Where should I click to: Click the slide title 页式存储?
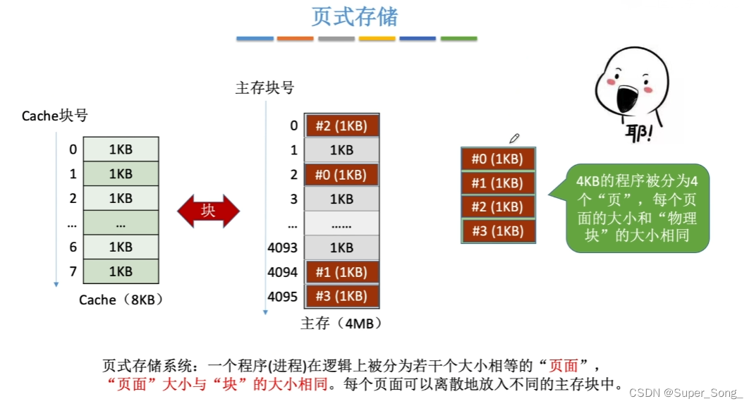[355, 16]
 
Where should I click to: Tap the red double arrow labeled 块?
[208, 210]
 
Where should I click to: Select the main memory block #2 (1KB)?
[342, 126]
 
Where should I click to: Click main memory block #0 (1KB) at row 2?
[342, 175]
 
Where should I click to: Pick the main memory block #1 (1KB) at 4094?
[342, 272]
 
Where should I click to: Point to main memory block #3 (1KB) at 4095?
[342, 296]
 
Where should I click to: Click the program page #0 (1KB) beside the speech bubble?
[497, 159]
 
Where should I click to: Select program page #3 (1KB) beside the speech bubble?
[497, 231]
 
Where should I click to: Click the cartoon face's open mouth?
[626, 94]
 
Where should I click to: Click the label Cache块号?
[55, 116]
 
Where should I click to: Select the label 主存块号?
[264, 88]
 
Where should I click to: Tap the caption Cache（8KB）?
[121, 300]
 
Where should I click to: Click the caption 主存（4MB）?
[341, 324]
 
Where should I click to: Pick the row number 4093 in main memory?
[283, 248]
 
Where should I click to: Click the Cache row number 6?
[73, 247]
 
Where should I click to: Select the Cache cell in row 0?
[121, 149]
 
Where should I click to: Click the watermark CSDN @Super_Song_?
[686, 393]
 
